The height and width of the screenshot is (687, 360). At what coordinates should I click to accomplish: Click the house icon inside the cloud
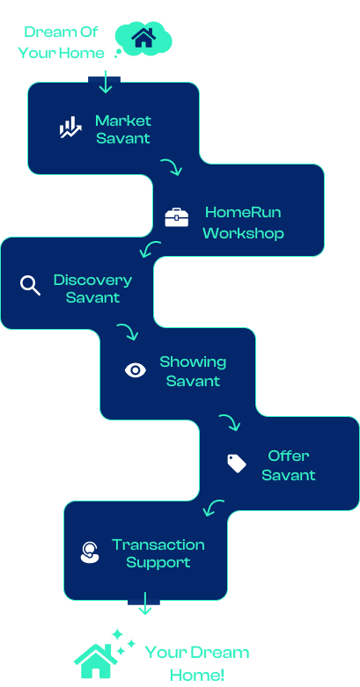[x=143, y=37]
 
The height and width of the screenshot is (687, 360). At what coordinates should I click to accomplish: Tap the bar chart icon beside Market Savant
[x=70, y=128]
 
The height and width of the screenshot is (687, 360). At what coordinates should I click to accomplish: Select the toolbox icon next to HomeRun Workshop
[x=177, y=218]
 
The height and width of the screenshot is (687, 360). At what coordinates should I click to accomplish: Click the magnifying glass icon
[x=30, y=285]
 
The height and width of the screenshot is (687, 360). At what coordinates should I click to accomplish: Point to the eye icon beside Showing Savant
[x=136, y=370]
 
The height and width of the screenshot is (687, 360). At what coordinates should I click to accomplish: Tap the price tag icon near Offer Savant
[x=237, y=464]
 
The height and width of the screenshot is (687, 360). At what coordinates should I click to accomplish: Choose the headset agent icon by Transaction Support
[x=90, y=552]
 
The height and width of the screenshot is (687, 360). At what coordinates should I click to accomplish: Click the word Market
[x=123, y=121]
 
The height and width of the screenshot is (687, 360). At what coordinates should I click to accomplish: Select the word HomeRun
[x=243, y=213]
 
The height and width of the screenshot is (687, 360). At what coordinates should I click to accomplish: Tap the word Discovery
[x=92, y=280]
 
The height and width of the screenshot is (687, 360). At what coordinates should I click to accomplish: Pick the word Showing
[x=193, y=362]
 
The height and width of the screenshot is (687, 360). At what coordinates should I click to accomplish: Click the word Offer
[x=289, y=456]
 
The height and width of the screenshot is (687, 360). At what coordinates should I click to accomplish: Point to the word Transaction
[x=158, y=544]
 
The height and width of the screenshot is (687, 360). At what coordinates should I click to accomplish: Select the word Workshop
[x=243, y=232]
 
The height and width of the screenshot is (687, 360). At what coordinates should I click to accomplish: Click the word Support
[x=158, y=563]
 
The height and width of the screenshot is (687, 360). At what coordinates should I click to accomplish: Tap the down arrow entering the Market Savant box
[x=106, y=82]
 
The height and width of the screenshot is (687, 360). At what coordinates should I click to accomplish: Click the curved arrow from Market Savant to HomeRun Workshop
[x=172, y=166]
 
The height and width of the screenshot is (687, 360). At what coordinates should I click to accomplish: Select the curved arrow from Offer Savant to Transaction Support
[x=213, y=507]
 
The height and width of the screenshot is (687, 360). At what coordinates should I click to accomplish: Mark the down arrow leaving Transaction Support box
[x=144, y=603]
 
